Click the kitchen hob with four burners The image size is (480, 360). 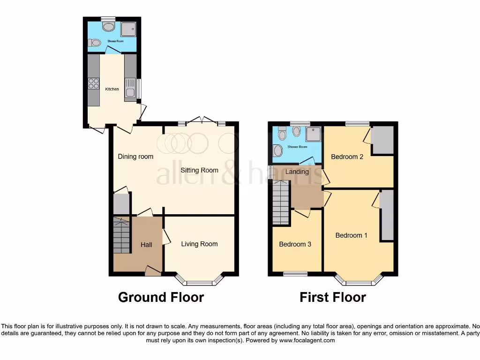click(94, 83)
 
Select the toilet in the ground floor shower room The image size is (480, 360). click(95, 43)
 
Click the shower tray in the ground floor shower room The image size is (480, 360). click(128, 29)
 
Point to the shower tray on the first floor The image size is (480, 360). click(313, 135)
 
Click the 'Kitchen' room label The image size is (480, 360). click(112, 89)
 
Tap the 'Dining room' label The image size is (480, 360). click(135, 157)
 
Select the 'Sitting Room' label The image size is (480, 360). click(199, 170)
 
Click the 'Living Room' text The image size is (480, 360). click(199, 244)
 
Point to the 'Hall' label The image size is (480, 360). click(146, 245)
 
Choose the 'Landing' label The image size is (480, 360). click(297, 172)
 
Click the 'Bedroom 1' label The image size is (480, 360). click(352, 235)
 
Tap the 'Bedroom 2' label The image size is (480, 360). click(347, 157)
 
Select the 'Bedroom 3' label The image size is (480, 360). click(295, 244)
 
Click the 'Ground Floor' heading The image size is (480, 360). click(161, 297)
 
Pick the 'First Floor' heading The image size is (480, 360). click(333, 297)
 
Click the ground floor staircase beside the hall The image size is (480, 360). click(121, 235)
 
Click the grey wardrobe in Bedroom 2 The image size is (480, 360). click(382, 140)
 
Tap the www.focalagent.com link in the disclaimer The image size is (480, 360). click(307, 341)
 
